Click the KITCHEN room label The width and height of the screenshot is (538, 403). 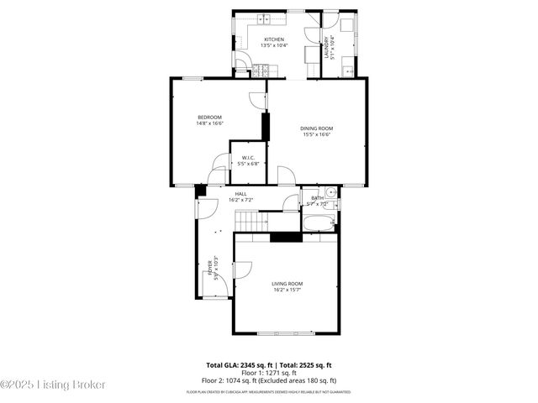pyautogui.click(x=274, y=39)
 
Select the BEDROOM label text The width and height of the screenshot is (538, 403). pyautogui.click(x=209, y=117)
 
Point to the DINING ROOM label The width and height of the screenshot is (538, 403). pyautogui.click(x=315, y=128)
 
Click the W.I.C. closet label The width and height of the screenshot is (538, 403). pyautogui.click(x=248, y=158)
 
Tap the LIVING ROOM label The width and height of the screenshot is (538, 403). pyautogui.click(x=287, y=284)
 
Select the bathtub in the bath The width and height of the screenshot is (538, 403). pyautogui.click(x=319, y=222)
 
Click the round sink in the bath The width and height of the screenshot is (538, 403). pyautogui.click(x=331, y=193)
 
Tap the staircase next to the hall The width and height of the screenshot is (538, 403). pyautogui.click(x=251, y=221)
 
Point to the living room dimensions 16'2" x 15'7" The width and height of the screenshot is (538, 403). pyautogui.click(x=287, y=290)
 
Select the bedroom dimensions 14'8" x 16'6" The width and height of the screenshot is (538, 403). pyautogui.click(x=209, y=123)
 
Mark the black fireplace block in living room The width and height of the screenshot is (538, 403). pyautogui.click(x=286, y=237)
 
